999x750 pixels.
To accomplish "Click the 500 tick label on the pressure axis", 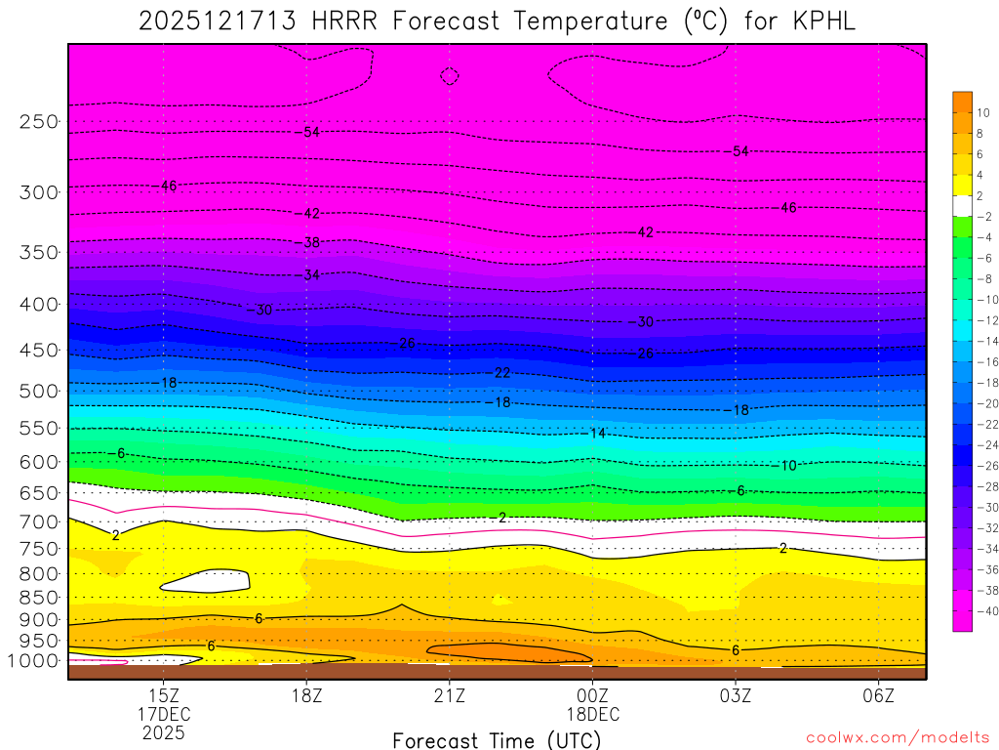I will coord(40,391).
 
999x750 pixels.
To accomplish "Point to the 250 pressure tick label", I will coord(40,122).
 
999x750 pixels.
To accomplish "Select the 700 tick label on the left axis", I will coord(40,522).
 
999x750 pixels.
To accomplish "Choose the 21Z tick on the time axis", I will coord(450,695).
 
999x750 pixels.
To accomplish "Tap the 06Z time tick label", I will coord(879,695).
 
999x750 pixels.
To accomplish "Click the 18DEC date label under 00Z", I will coord(592,714).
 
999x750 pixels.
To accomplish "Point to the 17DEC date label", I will coord(164,714).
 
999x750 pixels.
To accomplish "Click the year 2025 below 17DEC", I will coord(164,732).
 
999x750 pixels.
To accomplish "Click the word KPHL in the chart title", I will coord(819,21).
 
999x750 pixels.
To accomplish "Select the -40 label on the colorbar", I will coord(986,611).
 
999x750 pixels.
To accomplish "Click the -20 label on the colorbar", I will coord(986,403).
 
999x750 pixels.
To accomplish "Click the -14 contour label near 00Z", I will coord(598,433).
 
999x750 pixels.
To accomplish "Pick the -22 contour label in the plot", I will coord(500,373).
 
